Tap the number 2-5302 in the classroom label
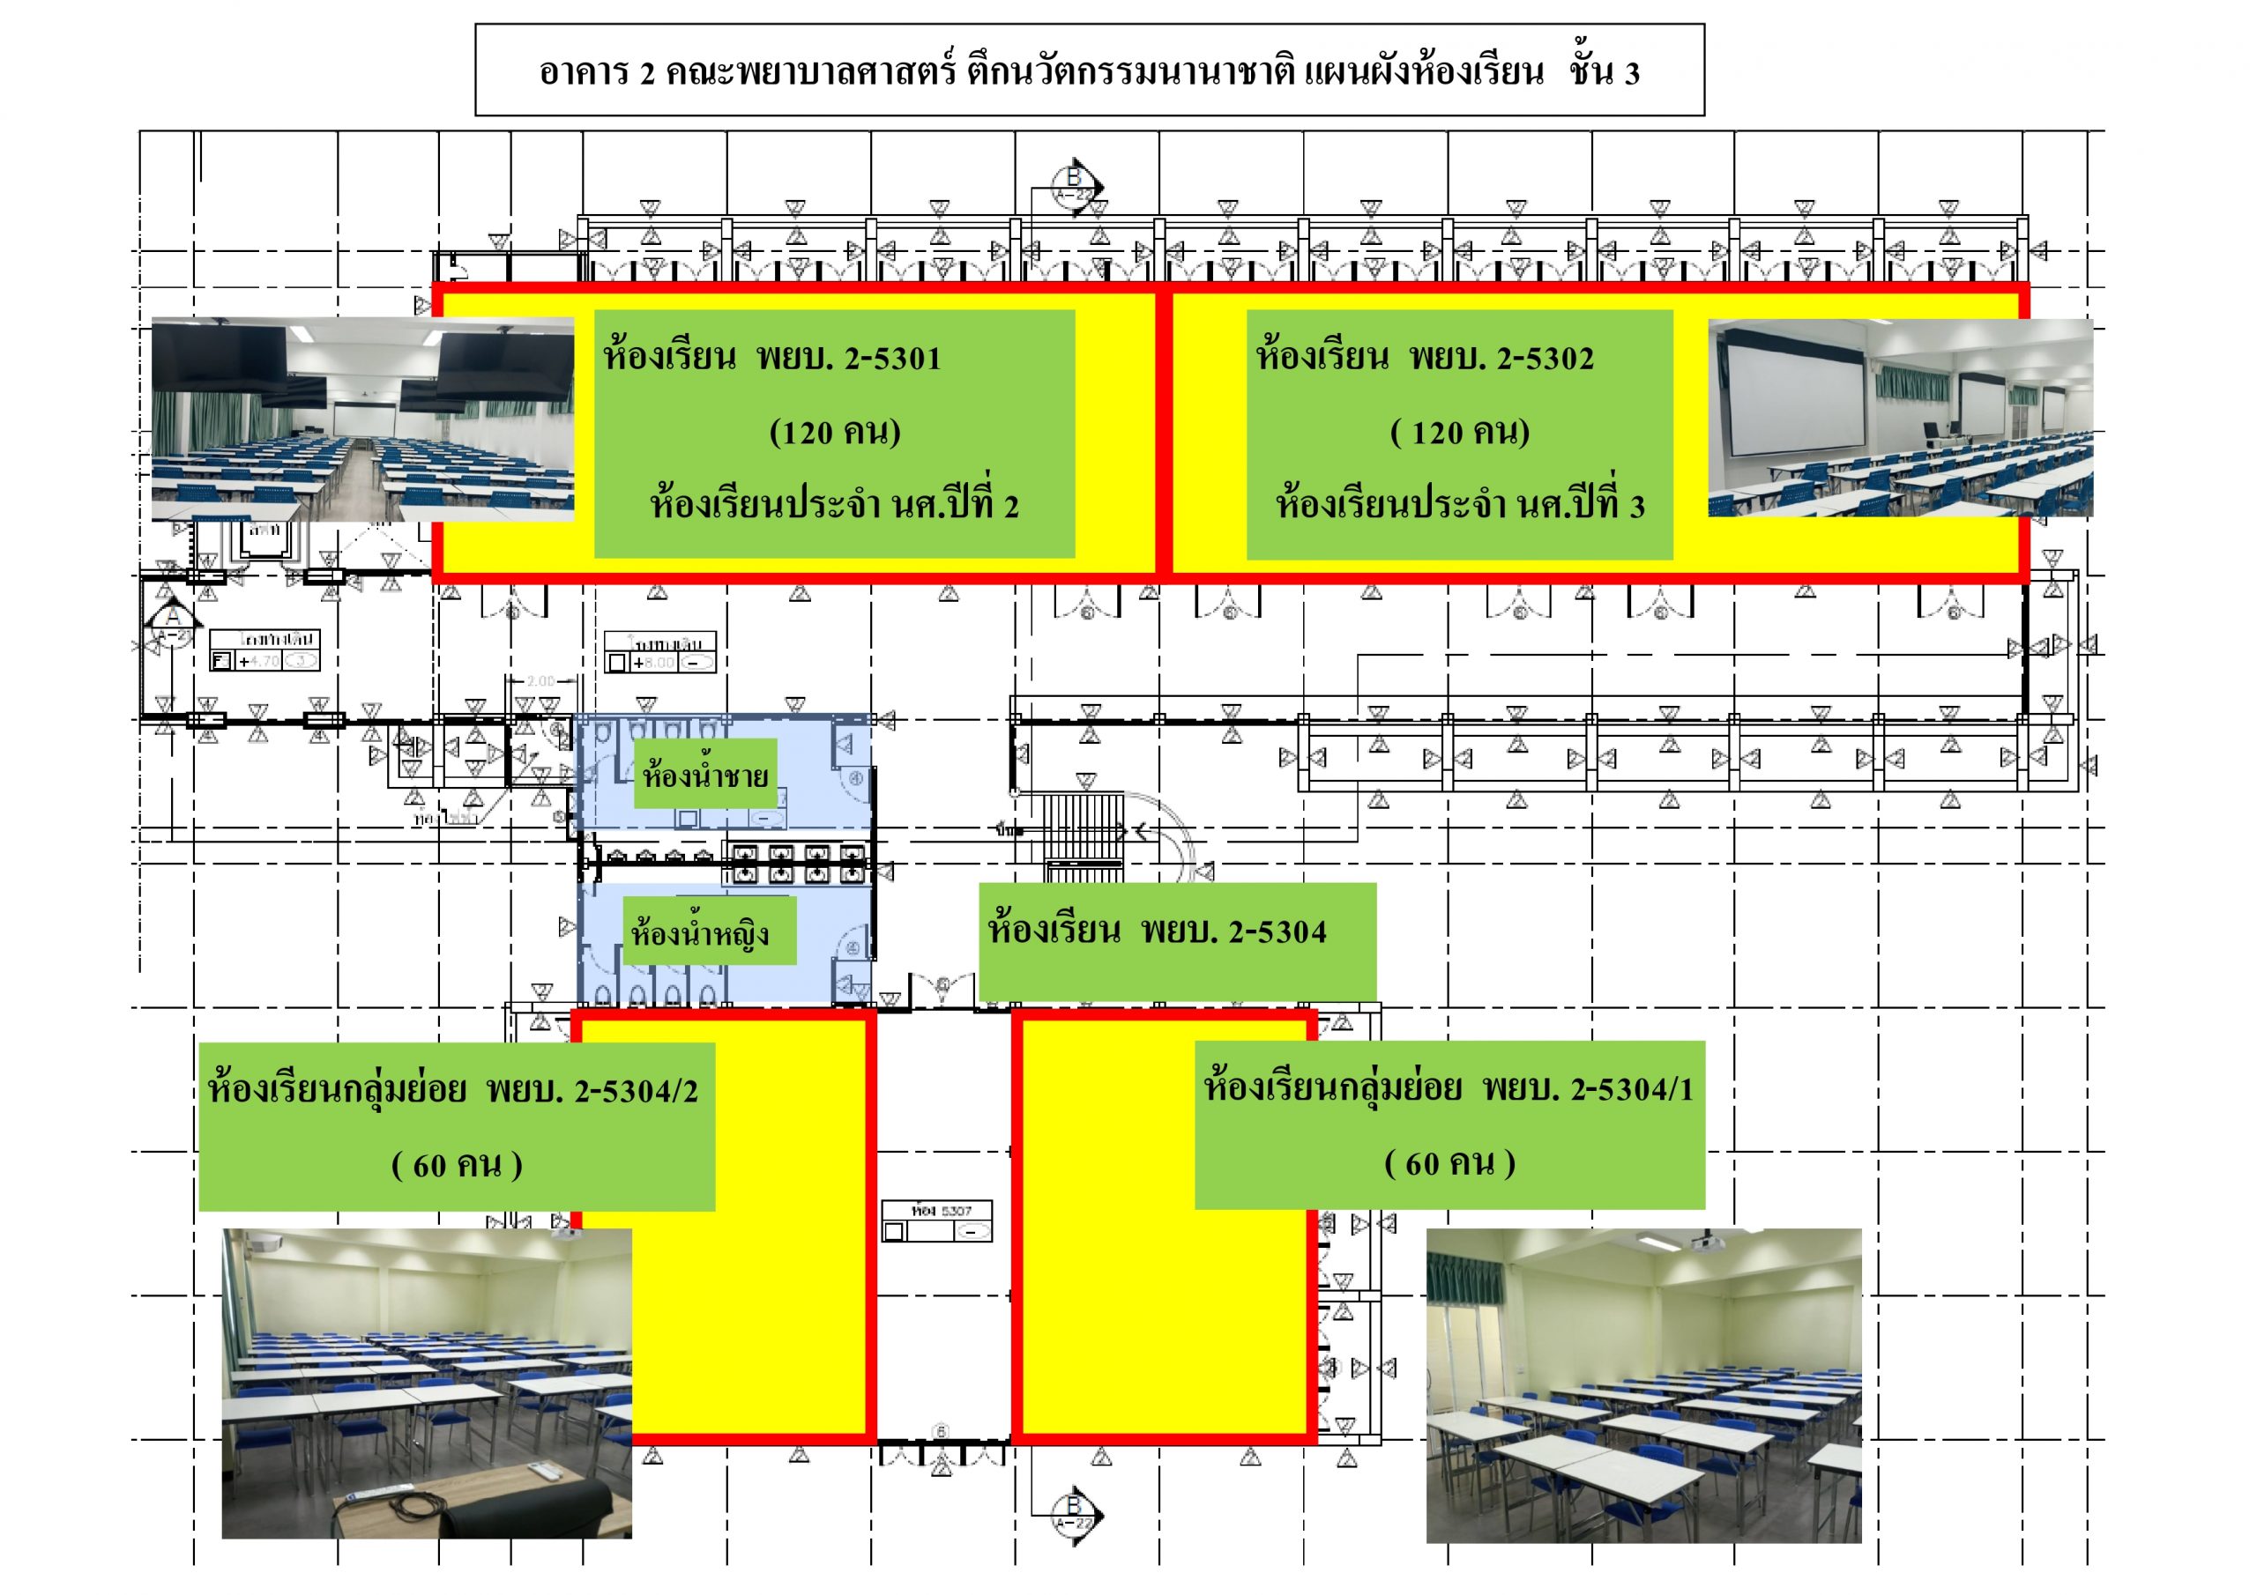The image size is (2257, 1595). click(x=1546, y=358)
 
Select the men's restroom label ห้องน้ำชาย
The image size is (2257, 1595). click(x=704, y=775)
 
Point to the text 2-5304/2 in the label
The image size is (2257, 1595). click(x=636, y=1091)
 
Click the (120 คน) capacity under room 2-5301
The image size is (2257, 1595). click(x=835, y=432)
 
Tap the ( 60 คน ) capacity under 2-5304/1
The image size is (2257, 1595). click(x=1450, y=1163)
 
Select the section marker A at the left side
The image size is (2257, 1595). click(x=173, y=617)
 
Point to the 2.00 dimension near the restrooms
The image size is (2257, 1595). click(x=540, y=680)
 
